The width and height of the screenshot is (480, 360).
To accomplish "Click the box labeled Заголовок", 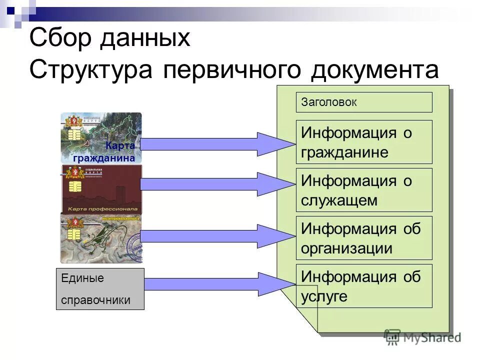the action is [364, 102].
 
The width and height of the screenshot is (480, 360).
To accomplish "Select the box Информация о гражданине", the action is [364, 142].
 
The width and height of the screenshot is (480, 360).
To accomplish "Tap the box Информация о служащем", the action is [364, 190].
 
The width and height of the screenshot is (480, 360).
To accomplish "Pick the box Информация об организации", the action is [364, 238].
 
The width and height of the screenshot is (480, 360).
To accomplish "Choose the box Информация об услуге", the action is [364, 286].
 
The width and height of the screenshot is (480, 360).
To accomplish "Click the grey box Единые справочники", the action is [100, 289].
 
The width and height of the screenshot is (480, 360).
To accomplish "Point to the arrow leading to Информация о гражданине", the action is [215, 144].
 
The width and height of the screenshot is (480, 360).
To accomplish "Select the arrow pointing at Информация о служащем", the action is [215, 184].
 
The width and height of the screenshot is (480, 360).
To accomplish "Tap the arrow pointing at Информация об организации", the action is [215, 236].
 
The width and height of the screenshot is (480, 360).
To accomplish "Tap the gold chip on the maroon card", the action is [75, 186].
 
